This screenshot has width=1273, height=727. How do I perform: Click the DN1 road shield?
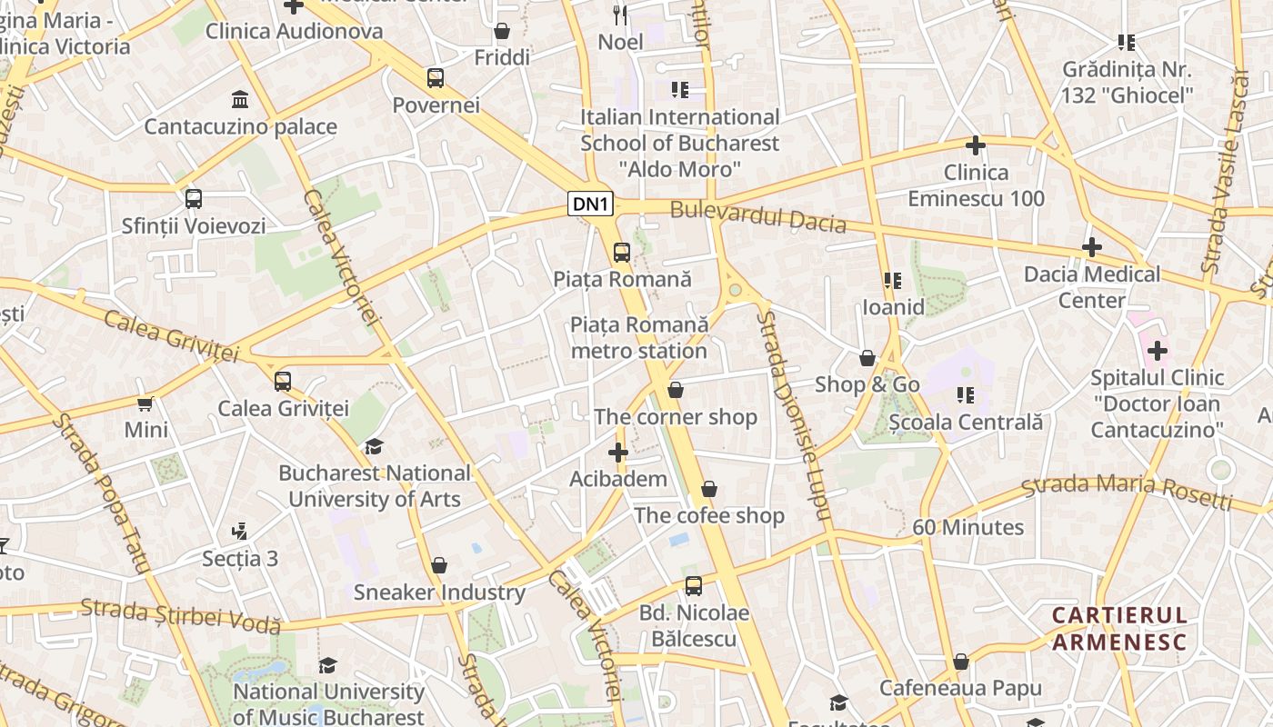591,204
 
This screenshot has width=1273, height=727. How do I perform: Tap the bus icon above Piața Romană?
622,253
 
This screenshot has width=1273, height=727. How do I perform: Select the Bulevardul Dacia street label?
757,217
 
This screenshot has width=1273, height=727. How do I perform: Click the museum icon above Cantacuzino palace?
240,99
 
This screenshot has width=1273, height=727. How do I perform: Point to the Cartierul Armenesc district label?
1119,629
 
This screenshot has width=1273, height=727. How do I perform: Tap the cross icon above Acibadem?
618,453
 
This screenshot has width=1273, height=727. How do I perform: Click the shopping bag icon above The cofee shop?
709,490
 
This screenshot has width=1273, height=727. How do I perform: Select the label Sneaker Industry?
439,593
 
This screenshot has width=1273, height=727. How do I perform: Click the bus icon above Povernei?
436,78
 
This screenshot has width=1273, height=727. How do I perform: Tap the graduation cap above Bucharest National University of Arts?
374,446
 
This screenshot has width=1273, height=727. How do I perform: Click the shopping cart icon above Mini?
145,403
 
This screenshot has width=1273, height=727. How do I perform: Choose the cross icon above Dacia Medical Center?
1092,247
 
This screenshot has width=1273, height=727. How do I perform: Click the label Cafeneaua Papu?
960,688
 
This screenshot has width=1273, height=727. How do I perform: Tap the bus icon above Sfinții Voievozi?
194,199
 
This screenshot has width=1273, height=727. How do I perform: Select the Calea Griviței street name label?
170,335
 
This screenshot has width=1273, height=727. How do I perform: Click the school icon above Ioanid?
893,281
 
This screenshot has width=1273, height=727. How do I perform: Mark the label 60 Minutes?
967,527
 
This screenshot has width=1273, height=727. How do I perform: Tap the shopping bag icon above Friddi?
501,32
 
